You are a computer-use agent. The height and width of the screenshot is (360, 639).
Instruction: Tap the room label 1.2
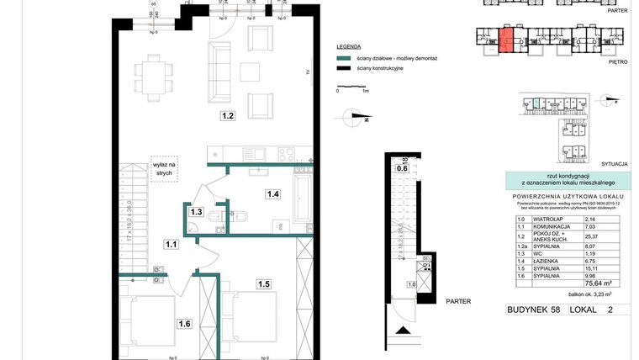[x=227, y=117]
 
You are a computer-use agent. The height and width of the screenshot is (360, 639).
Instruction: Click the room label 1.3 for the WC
[x=196, y=212]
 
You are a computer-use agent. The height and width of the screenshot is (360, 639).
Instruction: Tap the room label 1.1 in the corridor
[x=171, y=245]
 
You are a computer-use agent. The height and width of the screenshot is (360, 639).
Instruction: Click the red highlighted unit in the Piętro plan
[x=506, y=40]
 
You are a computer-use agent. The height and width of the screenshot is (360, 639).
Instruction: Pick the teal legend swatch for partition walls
[x=341, y=59]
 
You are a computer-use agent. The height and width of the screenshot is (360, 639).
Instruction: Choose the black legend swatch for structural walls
[x=341, y=67]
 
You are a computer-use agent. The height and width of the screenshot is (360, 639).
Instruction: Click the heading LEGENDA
[x=348, y=47]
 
